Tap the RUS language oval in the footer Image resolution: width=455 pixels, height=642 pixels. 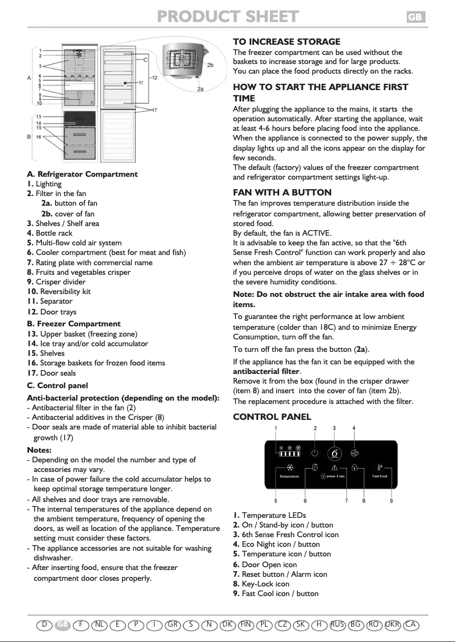tap(338, 624)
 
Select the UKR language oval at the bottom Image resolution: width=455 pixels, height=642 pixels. tap(392, 624)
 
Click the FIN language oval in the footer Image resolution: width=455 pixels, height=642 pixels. tap(246, 624)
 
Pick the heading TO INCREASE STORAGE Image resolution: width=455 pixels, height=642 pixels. tap(287, 42)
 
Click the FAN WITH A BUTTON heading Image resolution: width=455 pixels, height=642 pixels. tap(282, 193)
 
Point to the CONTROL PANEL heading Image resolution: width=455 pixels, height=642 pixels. tap(272, 417)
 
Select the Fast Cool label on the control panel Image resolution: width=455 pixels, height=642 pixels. tap(380, 476)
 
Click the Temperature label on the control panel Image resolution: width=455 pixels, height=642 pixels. tap(289, 476)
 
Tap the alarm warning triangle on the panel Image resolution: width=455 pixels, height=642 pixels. tap(335, 468)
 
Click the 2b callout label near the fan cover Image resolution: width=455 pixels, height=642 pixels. tap(210, 66)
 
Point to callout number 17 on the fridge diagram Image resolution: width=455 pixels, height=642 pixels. tap(154, 109)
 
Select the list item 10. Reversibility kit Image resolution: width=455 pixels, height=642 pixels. tap(58, 292)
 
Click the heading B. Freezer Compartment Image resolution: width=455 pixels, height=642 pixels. tap(74, 324)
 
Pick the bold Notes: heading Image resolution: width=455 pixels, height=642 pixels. tap(39, 450)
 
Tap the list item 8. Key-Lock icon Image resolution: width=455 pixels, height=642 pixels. tap(261, 584)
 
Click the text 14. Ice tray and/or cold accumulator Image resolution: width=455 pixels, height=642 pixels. tap(87, 344)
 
